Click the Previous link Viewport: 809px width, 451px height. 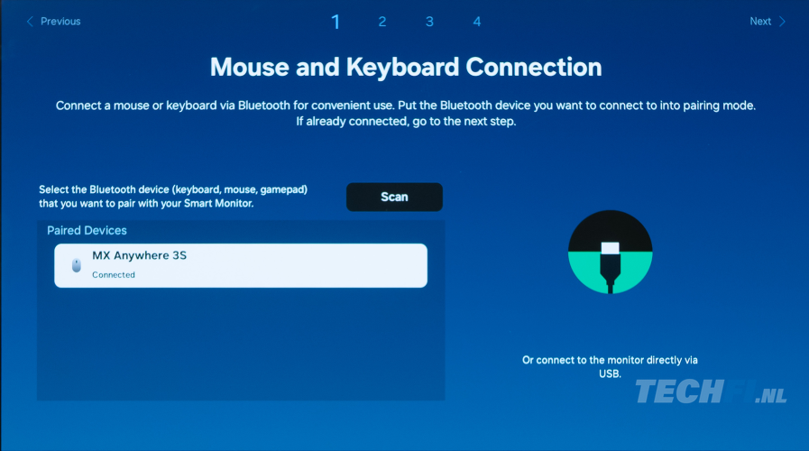pos(53,21)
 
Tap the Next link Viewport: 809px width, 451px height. pos(768,21)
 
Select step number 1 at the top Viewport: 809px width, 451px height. pos(336,22)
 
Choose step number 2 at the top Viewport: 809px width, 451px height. pos(382,22)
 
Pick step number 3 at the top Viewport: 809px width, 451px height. pos(429,22)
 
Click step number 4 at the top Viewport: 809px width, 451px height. pos(477,22)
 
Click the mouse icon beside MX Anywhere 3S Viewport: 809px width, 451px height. pos(77,265)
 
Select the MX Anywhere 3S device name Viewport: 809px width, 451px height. pos(139,255)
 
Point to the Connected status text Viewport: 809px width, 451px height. pos(114,275)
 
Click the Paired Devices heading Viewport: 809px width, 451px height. pos(87,231)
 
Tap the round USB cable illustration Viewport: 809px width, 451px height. pos(610,252)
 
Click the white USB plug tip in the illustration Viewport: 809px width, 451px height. pos(610,248)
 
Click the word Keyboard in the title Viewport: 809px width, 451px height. pos(402,67)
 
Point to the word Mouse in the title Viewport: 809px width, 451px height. pos(249,67)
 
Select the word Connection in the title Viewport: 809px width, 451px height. pos(534,67)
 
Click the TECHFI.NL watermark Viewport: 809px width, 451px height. pos(711,391)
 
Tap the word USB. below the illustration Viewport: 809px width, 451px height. pos(610,373)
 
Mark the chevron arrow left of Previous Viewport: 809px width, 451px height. pos(30,21)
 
